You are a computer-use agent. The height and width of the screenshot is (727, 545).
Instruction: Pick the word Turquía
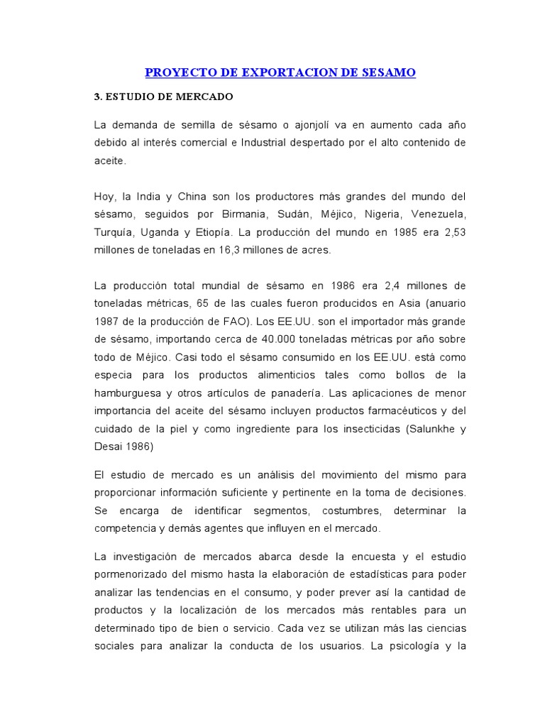pos(116,232)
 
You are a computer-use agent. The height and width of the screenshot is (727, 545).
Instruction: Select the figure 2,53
pos(452,232)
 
